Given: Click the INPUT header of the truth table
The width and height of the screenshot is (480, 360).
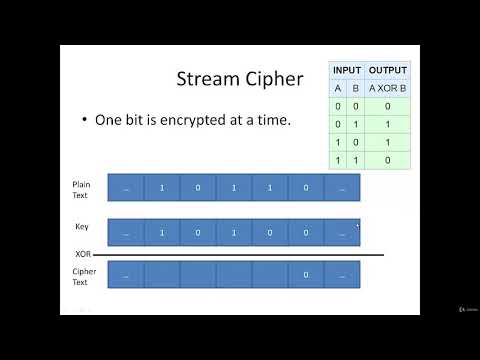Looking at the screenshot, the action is coord(347,69).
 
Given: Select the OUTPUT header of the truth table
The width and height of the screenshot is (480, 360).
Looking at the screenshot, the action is coord(388,69).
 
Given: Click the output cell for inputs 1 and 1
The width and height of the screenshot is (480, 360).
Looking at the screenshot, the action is coord(388,159).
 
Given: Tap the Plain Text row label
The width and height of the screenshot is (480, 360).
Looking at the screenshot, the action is coord(81,188).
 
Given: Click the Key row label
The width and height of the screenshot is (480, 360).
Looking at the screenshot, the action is coord(81,227).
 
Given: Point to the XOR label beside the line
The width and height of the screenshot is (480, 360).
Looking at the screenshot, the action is coord(83,254).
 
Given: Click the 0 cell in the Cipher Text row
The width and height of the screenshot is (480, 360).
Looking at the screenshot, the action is coord(305,275).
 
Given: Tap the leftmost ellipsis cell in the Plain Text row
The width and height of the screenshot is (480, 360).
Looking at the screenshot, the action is coord(125,188).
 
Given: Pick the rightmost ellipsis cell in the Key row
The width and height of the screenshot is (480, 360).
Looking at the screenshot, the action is coord(342,233).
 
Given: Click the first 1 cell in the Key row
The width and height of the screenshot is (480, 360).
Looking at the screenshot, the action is coord(161,233).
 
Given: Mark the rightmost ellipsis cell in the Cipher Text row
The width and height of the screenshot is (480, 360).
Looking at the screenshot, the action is coord(342,275).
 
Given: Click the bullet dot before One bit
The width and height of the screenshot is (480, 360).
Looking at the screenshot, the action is coord(85,120).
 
